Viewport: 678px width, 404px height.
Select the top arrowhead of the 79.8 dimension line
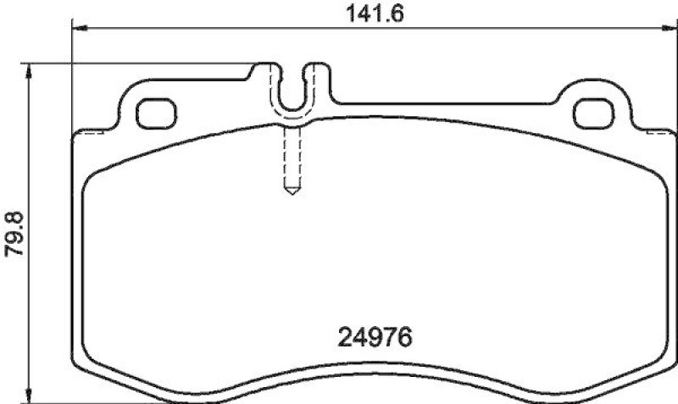click(31, 69)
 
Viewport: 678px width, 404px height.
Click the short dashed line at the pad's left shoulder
click(89, 132)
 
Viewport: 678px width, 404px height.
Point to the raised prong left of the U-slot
click(272, 71)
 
